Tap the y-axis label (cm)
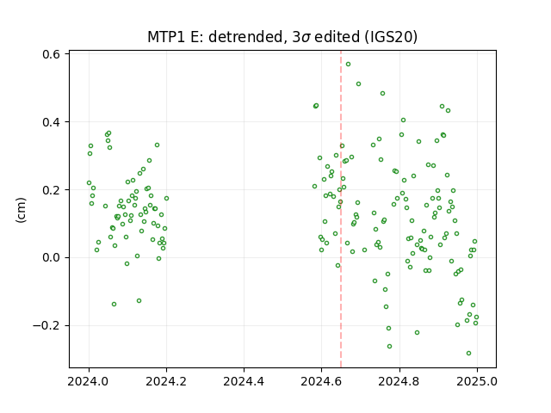pos(21,210)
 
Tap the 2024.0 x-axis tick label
pos(89,381)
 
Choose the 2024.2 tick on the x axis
pos(166,381)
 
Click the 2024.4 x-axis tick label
pos(244,381)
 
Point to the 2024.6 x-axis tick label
pos(321,381)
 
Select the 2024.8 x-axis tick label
pos(399,381)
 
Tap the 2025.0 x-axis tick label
pos(477,381)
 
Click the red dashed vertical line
pos(341,209)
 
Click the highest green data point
pos(348,65)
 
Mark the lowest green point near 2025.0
pos(468,354)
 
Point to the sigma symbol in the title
pos(306,38)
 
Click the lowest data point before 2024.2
pos(114,304)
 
